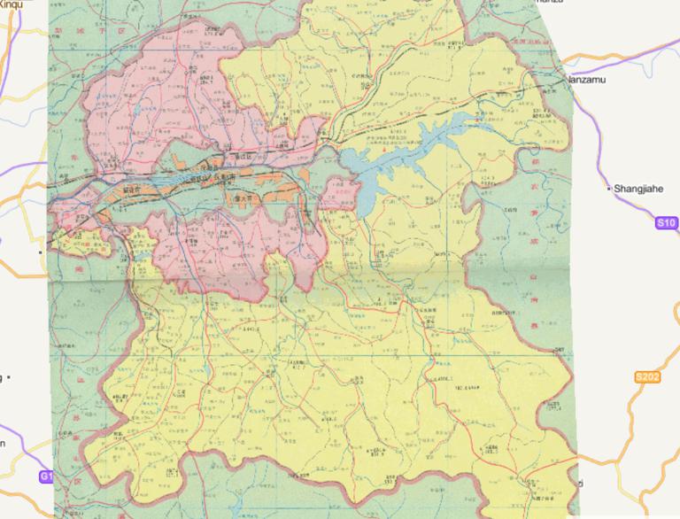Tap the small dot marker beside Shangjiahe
(x=607, y=189)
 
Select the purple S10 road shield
(x=667, y=223)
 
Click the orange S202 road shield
(x=647, y=378)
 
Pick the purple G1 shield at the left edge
(x=45, y=476)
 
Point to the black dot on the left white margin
(x=41, y=252)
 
